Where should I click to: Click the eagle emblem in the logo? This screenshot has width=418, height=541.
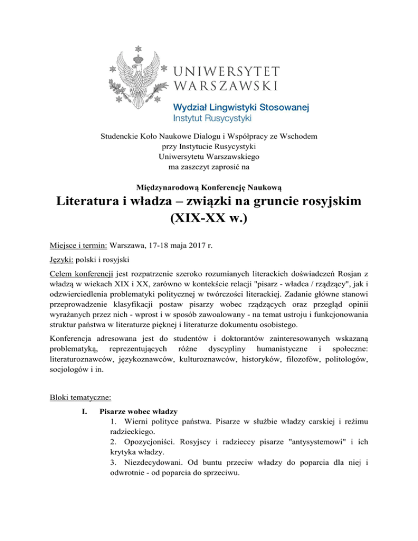tap(142, 73)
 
